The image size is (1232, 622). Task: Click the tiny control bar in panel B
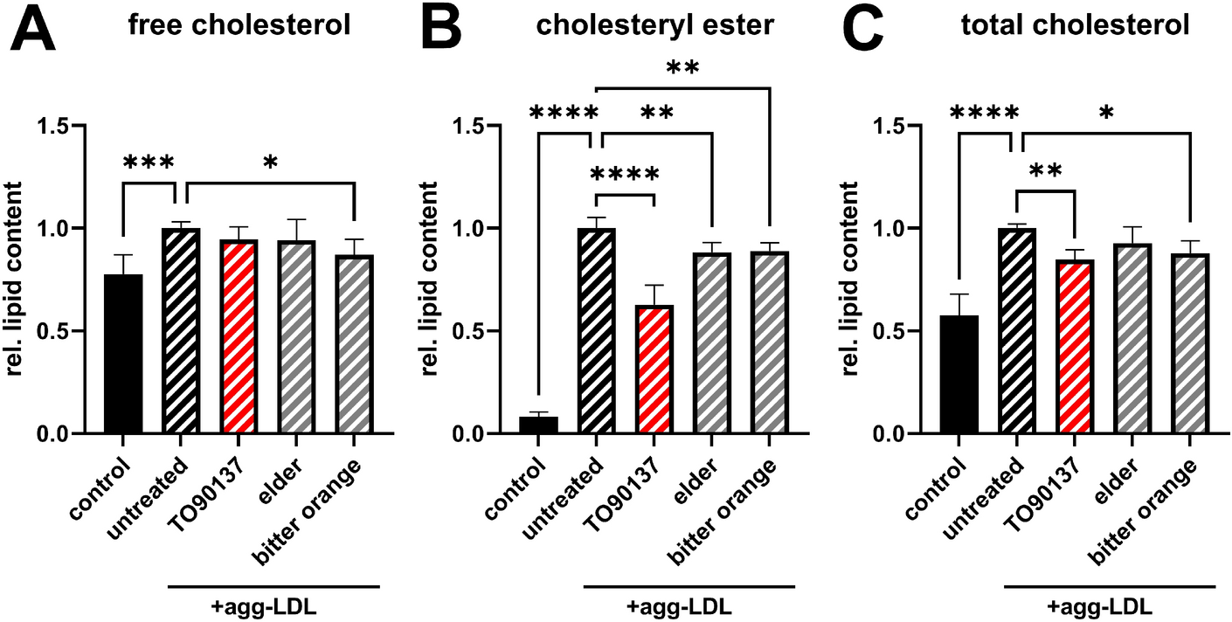point(538,425)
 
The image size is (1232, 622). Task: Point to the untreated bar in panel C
point(1015,331)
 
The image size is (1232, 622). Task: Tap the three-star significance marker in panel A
point(149,162)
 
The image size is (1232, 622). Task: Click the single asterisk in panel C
point(1130,114)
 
